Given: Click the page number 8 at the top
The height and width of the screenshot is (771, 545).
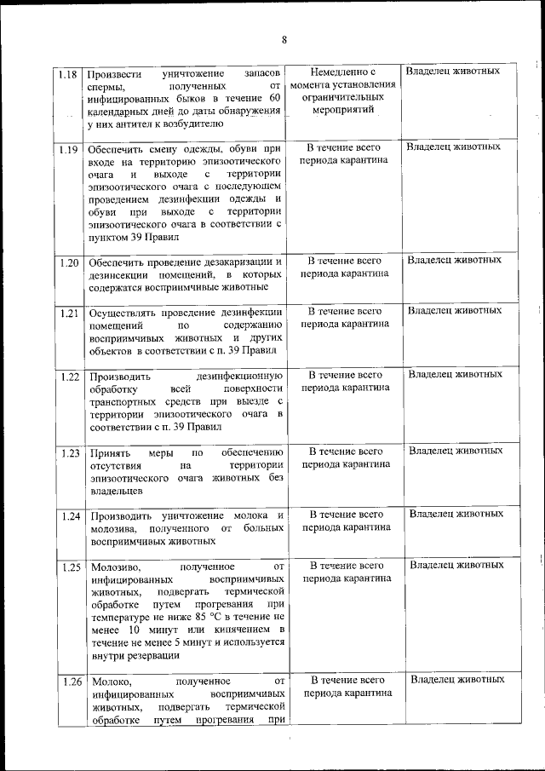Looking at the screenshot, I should click(x=284, y=40).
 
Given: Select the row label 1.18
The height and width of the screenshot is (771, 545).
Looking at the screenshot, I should click(x=68, y=73).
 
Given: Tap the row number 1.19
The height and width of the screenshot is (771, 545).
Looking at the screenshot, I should click(x=68, y=148).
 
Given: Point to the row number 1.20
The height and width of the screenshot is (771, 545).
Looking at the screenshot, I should click(x=68, y=262).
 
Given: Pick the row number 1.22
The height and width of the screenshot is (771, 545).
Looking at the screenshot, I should click(x=68, y=376).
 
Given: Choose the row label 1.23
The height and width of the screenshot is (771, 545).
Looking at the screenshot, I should click(x=68, y=452).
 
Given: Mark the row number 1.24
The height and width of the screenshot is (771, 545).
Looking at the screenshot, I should click(x=68, y=516).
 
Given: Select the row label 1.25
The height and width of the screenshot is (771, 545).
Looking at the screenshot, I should click(x=68, y=567).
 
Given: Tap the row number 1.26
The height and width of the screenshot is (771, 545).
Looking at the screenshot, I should click(x=68, y=682).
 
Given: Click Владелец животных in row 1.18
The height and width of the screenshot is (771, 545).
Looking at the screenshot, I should click(x=453, y=71).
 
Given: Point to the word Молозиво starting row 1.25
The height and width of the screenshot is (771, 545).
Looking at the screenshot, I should click(x=112, y=567).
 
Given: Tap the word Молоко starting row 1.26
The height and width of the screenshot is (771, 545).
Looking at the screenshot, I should click(x=108, y=682).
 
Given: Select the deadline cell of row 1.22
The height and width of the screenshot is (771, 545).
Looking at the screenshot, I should click(x=345, y=381).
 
